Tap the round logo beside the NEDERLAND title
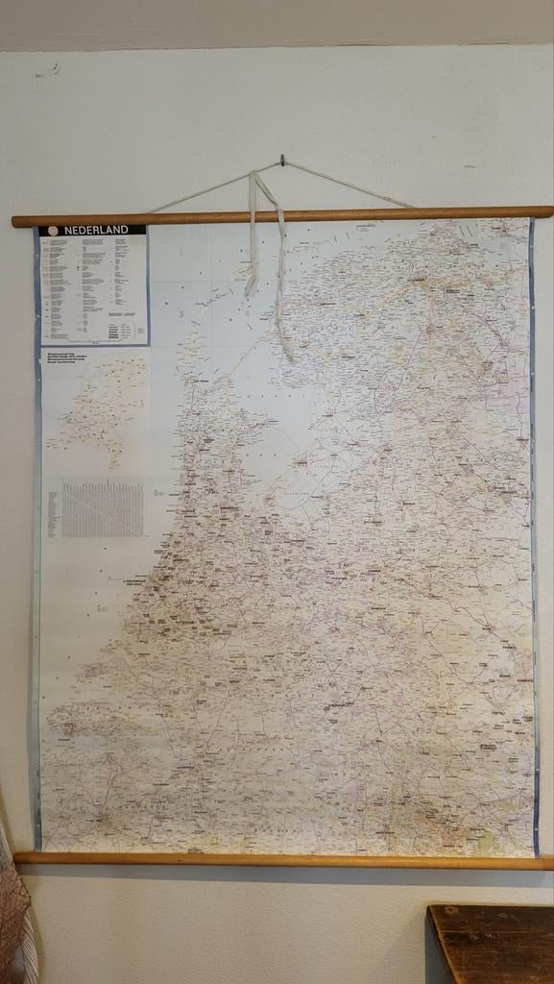tap(53, 231)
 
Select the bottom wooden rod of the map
tap(288, 859)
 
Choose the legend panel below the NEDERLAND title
tap(94, 288)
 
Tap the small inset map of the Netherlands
tap(101, 408)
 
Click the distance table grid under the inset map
tap(103, 507)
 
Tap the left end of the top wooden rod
tap(17, 222)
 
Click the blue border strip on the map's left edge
tap(36, 577)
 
